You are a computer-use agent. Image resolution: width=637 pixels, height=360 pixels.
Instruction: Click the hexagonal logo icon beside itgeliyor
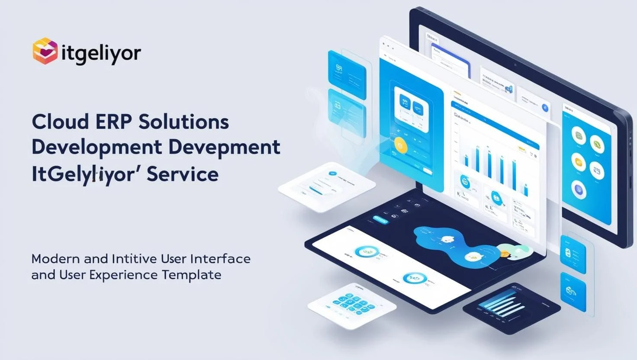click(x=45, y=51)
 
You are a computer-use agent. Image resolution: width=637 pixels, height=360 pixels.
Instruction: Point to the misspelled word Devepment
click(x=224, y=148)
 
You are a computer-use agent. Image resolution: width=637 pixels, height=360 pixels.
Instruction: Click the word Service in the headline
click(x=182, y=174)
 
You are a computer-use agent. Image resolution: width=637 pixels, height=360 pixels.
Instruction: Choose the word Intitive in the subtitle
click(x=134, y=259)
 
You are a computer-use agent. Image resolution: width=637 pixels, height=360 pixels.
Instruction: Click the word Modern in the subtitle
click(x=55, y=259)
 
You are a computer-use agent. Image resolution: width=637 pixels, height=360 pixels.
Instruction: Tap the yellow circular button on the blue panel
click(x=400, y=145)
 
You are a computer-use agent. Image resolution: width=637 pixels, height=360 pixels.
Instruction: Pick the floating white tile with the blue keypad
click(x=351, y=305)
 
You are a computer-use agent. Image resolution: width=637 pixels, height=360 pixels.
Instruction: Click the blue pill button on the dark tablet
click(x=380, y=220)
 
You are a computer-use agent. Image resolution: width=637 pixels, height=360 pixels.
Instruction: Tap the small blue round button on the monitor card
click(x=545, y=108)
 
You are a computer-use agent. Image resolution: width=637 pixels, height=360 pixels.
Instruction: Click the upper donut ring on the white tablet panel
click(x=365, y=252)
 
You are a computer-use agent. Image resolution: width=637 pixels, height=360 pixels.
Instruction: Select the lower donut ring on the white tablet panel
click(x=414, y=279)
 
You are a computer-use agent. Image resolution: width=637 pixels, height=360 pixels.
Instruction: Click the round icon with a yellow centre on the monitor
click(x=579, y=162)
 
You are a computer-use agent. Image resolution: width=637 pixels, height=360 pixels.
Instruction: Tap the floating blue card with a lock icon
click(x=572, y=252)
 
